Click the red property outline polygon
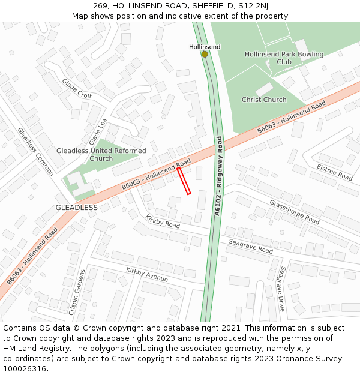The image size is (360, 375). tap(184, 181)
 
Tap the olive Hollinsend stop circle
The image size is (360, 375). tap(205, 54)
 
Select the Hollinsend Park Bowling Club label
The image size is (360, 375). tap(284, 58)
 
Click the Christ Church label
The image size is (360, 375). tap(264, 100)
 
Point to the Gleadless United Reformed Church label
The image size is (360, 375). tap(101, 155)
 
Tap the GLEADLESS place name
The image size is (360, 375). tap(76, 208)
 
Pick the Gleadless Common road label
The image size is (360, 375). tap(35, 151)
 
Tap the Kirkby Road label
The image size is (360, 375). tap(163, 221)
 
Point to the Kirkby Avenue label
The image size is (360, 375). tap(147, 275)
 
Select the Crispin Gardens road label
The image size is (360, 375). tap(78, 292)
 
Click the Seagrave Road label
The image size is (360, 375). tap(250, 246)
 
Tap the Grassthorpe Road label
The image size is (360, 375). tap(294, 212)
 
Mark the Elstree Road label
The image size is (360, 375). tap(334, 172)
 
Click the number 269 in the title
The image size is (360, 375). tap(100, 5)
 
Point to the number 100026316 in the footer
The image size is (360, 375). tap(25, 368)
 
